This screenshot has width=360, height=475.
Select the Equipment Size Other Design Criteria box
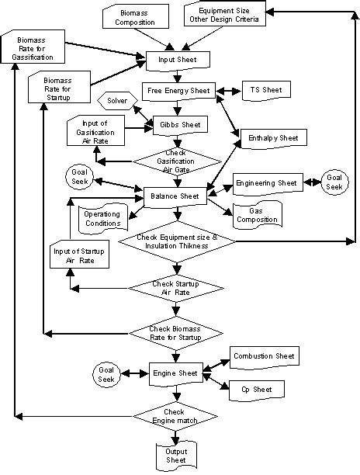[x=224, y=15]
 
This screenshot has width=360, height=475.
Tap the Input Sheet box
[x=178, y=60]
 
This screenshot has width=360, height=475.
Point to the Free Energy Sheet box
[x=178, y=91]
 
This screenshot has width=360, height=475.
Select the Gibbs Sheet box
[x=178, y=124]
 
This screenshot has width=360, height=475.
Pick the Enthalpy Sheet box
[x=268, y=137]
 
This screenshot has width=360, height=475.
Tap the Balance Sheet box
[x=178, y=196]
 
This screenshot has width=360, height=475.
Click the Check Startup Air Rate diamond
[x=178, y=289]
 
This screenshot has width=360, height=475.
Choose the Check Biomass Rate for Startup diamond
[x=178, y=334]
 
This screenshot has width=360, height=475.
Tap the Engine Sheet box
[x=178, y=373]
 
